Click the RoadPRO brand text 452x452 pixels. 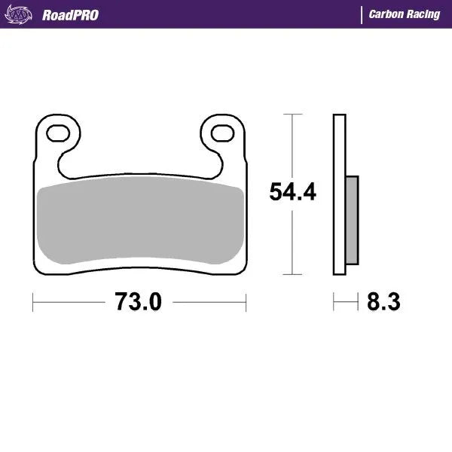click(70, 14)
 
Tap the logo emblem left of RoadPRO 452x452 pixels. click(24, 14)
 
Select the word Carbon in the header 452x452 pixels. click(384, 14)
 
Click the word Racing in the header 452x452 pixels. click(422, 14)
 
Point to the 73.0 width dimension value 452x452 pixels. click(138, 303)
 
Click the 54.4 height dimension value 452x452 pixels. click(292, 193)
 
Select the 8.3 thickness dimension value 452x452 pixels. click(383, 303)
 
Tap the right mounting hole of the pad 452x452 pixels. click(221, 133)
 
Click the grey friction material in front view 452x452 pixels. click(139, 223)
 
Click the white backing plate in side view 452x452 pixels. click(339, 196)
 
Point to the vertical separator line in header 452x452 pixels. click(362, 14)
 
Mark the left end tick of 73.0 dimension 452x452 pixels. click(33, 303)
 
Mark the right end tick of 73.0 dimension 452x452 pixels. click(246, 303)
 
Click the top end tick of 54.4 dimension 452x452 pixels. click(292, 115)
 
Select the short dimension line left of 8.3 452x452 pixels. click(345, 303)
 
